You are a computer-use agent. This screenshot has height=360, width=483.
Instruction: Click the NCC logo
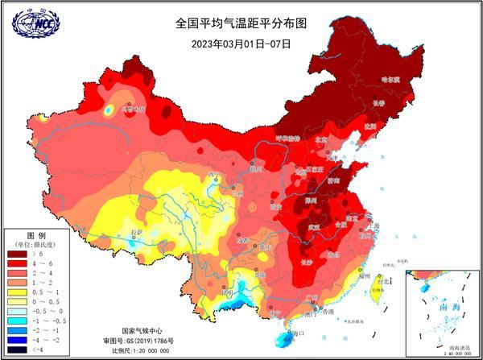35,23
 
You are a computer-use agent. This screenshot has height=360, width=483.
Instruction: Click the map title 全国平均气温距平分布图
242,23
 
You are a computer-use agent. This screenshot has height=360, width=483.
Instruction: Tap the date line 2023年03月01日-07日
242,43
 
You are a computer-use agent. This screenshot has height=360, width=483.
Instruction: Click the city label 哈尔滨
390,80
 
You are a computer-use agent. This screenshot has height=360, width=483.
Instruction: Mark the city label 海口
299,333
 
